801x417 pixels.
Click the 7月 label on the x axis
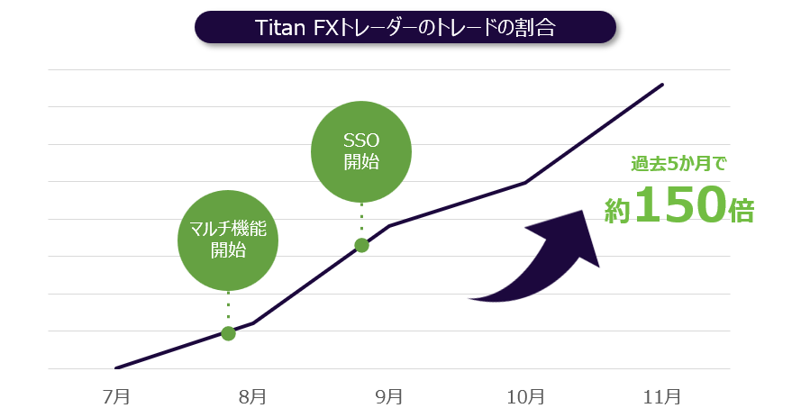(117, 395)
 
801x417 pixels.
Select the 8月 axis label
(253, 395)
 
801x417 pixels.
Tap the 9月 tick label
(389, 395)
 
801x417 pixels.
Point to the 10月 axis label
(525, 395)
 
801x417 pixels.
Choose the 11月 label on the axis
(662, 395)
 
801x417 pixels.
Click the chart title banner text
(405, 27)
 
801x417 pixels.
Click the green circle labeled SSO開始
(361, 152)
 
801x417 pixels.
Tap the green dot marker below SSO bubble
(361, 245)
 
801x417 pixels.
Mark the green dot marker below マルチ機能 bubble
(228, 333)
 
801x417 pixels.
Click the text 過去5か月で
(678, 165)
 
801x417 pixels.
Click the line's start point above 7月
(117, 367)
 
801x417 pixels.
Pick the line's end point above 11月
(662, 85)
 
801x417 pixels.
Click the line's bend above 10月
(525, 183)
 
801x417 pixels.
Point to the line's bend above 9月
(389, 225)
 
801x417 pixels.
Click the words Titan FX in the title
(296, 27)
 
